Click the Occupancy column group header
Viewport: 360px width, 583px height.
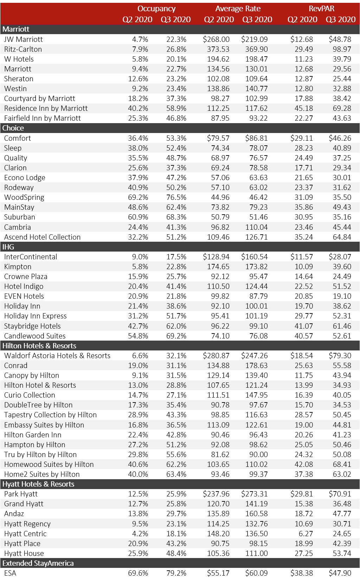point(156,9)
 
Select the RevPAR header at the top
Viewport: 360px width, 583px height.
point(321,9)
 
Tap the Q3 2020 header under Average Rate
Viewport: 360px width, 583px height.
point(257,19)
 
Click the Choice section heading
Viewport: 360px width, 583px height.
point(13,128)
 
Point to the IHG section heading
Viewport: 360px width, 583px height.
point(8,247)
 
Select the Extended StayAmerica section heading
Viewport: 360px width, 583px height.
point(38,563)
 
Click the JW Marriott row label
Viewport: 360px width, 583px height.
point(23,39)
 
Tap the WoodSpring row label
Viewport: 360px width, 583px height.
point(24,197)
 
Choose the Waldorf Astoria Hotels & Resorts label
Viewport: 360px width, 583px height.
point(57,356)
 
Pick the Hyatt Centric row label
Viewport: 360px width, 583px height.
point(25,534)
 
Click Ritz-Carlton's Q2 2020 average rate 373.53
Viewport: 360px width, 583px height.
point(218,49)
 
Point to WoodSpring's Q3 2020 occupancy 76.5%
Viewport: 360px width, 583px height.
point(176,197)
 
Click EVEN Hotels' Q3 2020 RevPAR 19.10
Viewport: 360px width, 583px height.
point(342,296)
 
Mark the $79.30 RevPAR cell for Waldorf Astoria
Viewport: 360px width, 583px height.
point(340,356)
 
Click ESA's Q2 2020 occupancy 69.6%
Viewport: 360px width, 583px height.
point(138,573)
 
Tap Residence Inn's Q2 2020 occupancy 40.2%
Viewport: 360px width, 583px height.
point(138,108)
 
